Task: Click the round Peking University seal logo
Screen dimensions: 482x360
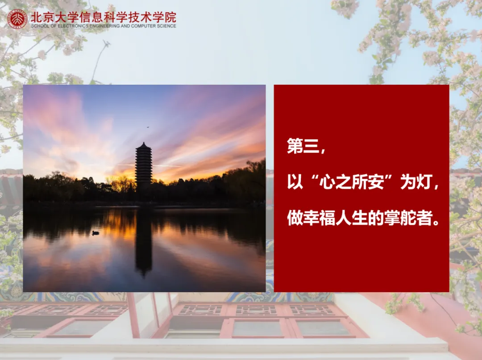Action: [17, 19]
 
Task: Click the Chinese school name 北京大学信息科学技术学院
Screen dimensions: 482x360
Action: [103, 17]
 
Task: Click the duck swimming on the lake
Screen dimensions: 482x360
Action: [96, 233]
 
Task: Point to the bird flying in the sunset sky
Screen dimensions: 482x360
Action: [148, 127]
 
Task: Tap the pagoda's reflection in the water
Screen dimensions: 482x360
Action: [144, 243]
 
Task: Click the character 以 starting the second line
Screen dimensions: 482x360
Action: [295, 182]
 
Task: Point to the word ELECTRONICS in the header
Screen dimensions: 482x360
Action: [73, 26]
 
